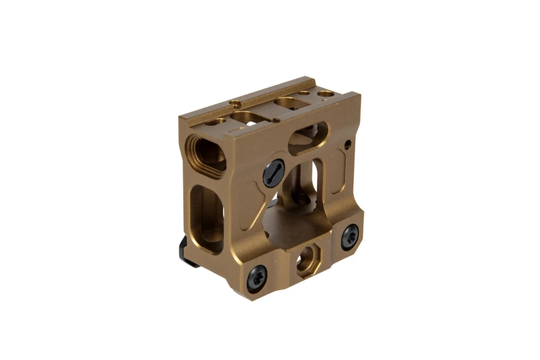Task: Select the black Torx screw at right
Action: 349,236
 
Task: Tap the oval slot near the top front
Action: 308,138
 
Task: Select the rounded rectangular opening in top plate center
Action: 246,117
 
